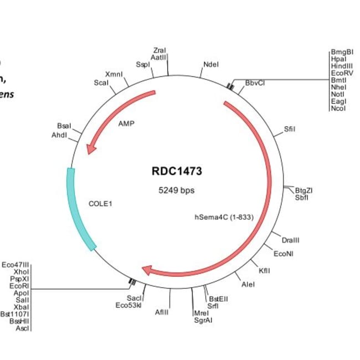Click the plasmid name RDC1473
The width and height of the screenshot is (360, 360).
(x=177, y=171)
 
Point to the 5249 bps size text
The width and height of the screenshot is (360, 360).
(x=177, y=190)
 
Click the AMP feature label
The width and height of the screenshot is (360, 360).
(x=126, y=124)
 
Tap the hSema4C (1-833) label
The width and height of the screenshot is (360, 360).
(x=223, y=217)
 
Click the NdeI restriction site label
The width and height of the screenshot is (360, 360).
(x=211, y=64)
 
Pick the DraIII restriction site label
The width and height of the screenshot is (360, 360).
(x=290, y=240)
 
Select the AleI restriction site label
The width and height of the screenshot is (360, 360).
(x=249, y=285)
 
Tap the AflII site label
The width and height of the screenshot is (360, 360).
(x=162, y=312)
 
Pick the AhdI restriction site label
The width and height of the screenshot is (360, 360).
(x=60, y=135)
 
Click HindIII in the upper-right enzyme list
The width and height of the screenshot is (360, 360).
(x=342, y=65)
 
